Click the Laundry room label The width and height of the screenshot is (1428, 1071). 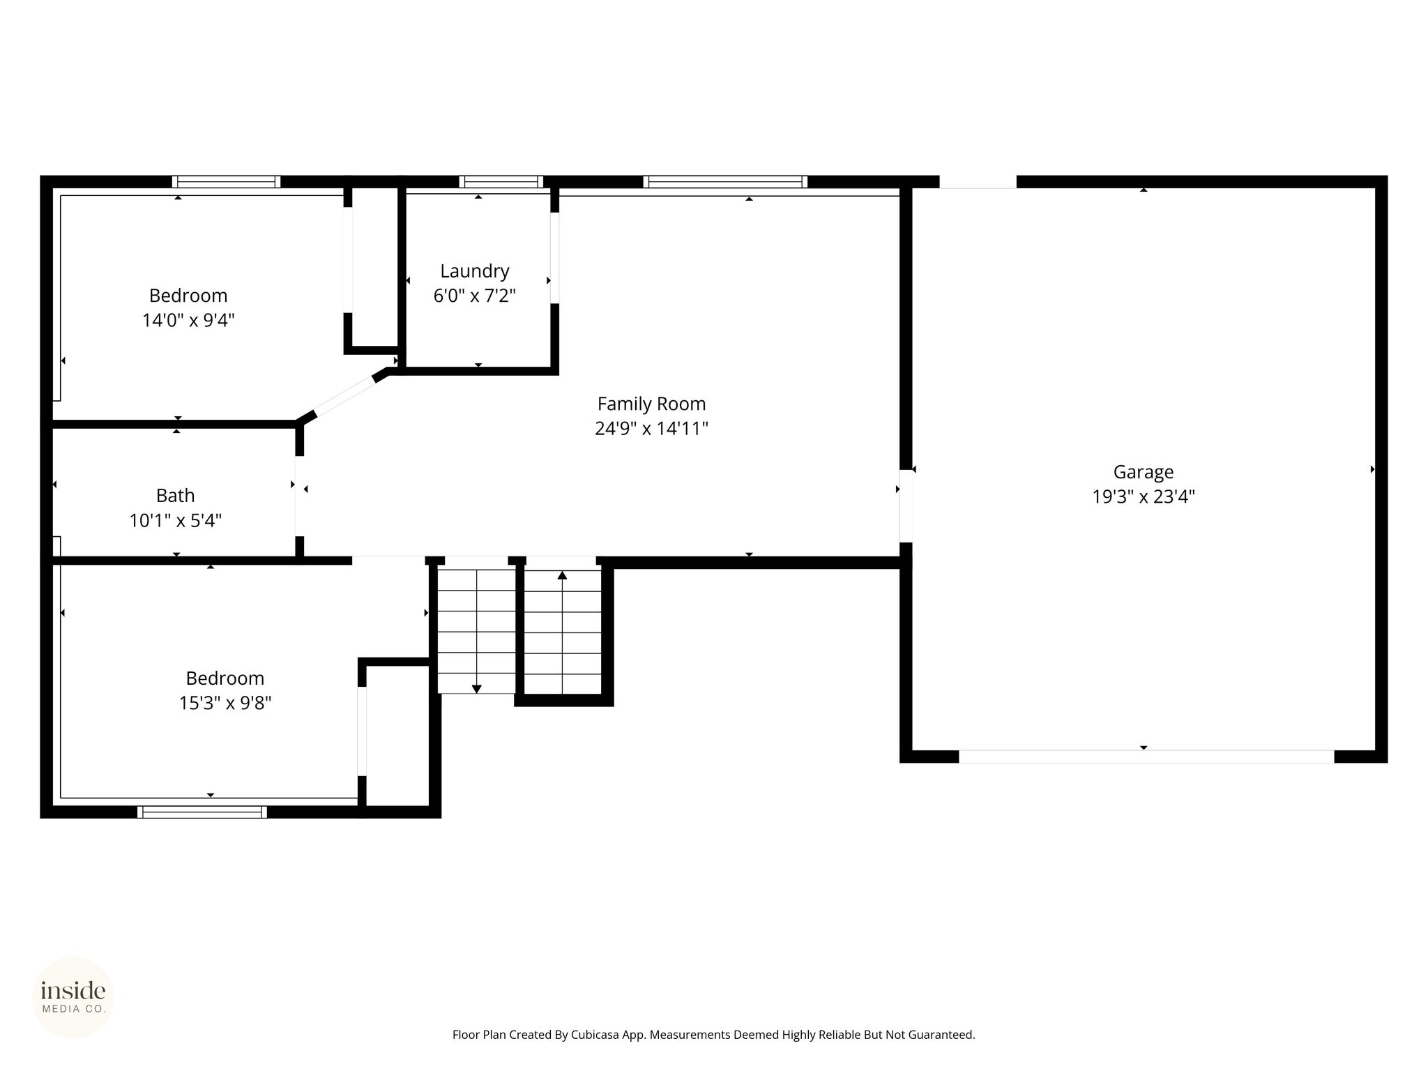click(475, 271)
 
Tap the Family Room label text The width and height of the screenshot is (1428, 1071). click(651, 404)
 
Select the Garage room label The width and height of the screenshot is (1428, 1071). click(1144, 472)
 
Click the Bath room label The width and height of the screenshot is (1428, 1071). click(175, 496)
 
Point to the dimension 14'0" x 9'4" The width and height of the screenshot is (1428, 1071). click(188, 321)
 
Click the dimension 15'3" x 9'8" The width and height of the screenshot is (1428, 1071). click(225, 703)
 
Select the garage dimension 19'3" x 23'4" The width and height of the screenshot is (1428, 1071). click(1144, 497)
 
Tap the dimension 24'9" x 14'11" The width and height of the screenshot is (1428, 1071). click(651, 428)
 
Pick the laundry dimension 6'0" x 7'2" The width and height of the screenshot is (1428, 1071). click(475, 296)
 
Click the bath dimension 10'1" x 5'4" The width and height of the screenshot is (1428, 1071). click(176, 521)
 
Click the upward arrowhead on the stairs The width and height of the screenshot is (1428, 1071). click(562, 575)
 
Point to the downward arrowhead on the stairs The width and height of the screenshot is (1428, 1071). click(477, 689)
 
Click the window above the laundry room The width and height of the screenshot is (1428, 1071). click(501, 182)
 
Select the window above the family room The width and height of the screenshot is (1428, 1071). click(725, 182)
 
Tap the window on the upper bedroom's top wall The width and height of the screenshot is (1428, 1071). click(227, 182)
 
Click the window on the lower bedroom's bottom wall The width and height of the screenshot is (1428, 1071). click(202, 812)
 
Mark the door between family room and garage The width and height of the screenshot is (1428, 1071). click(906, 506)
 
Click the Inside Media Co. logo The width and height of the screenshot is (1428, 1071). click(73, 997)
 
